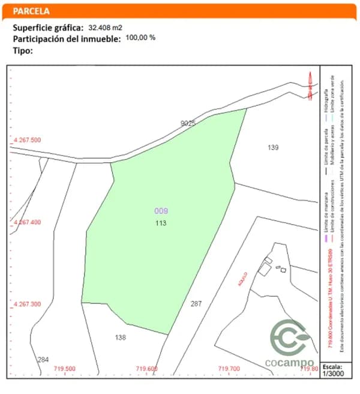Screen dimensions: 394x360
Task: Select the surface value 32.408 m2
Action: [x=106, y=28]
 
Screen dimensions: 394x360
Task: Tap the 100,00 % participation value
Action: [x=140, y=37]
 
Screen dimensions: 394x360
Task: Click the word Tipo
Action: [x=23, y=50]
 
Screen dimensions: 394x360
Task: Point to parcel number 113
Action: [x=160, y=223]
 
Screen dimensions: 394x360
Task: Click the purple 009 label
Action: [x=161, y=211]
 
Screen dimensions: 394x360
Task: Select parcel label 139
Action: [x=274, y=147]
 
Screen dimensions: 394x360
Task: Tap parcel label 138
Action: [x=121, y=338]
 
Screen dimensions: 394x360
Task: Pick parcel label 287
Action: [x=196, y=304]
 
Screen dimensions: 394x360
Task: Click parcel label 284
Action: [x=43, y=360]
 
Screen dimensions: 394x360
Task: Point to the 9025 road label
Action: [x=188, y=123]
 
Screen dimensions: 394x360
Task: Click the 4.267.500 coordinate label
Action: [x=27, y=140]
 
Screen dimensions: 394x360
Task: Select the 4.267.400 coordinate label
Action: [x=27, y=222]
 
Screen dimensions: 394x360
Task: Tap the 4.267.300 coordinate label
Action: [x=27, y=305]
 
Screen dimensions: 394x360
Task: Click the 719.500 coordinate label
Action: [x=65, y=369]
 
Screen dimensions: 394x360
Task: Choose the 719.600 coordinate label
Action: [x=146, y=369]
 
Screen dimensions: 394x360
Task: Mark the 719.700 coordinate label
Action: [x=229, y=369]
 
